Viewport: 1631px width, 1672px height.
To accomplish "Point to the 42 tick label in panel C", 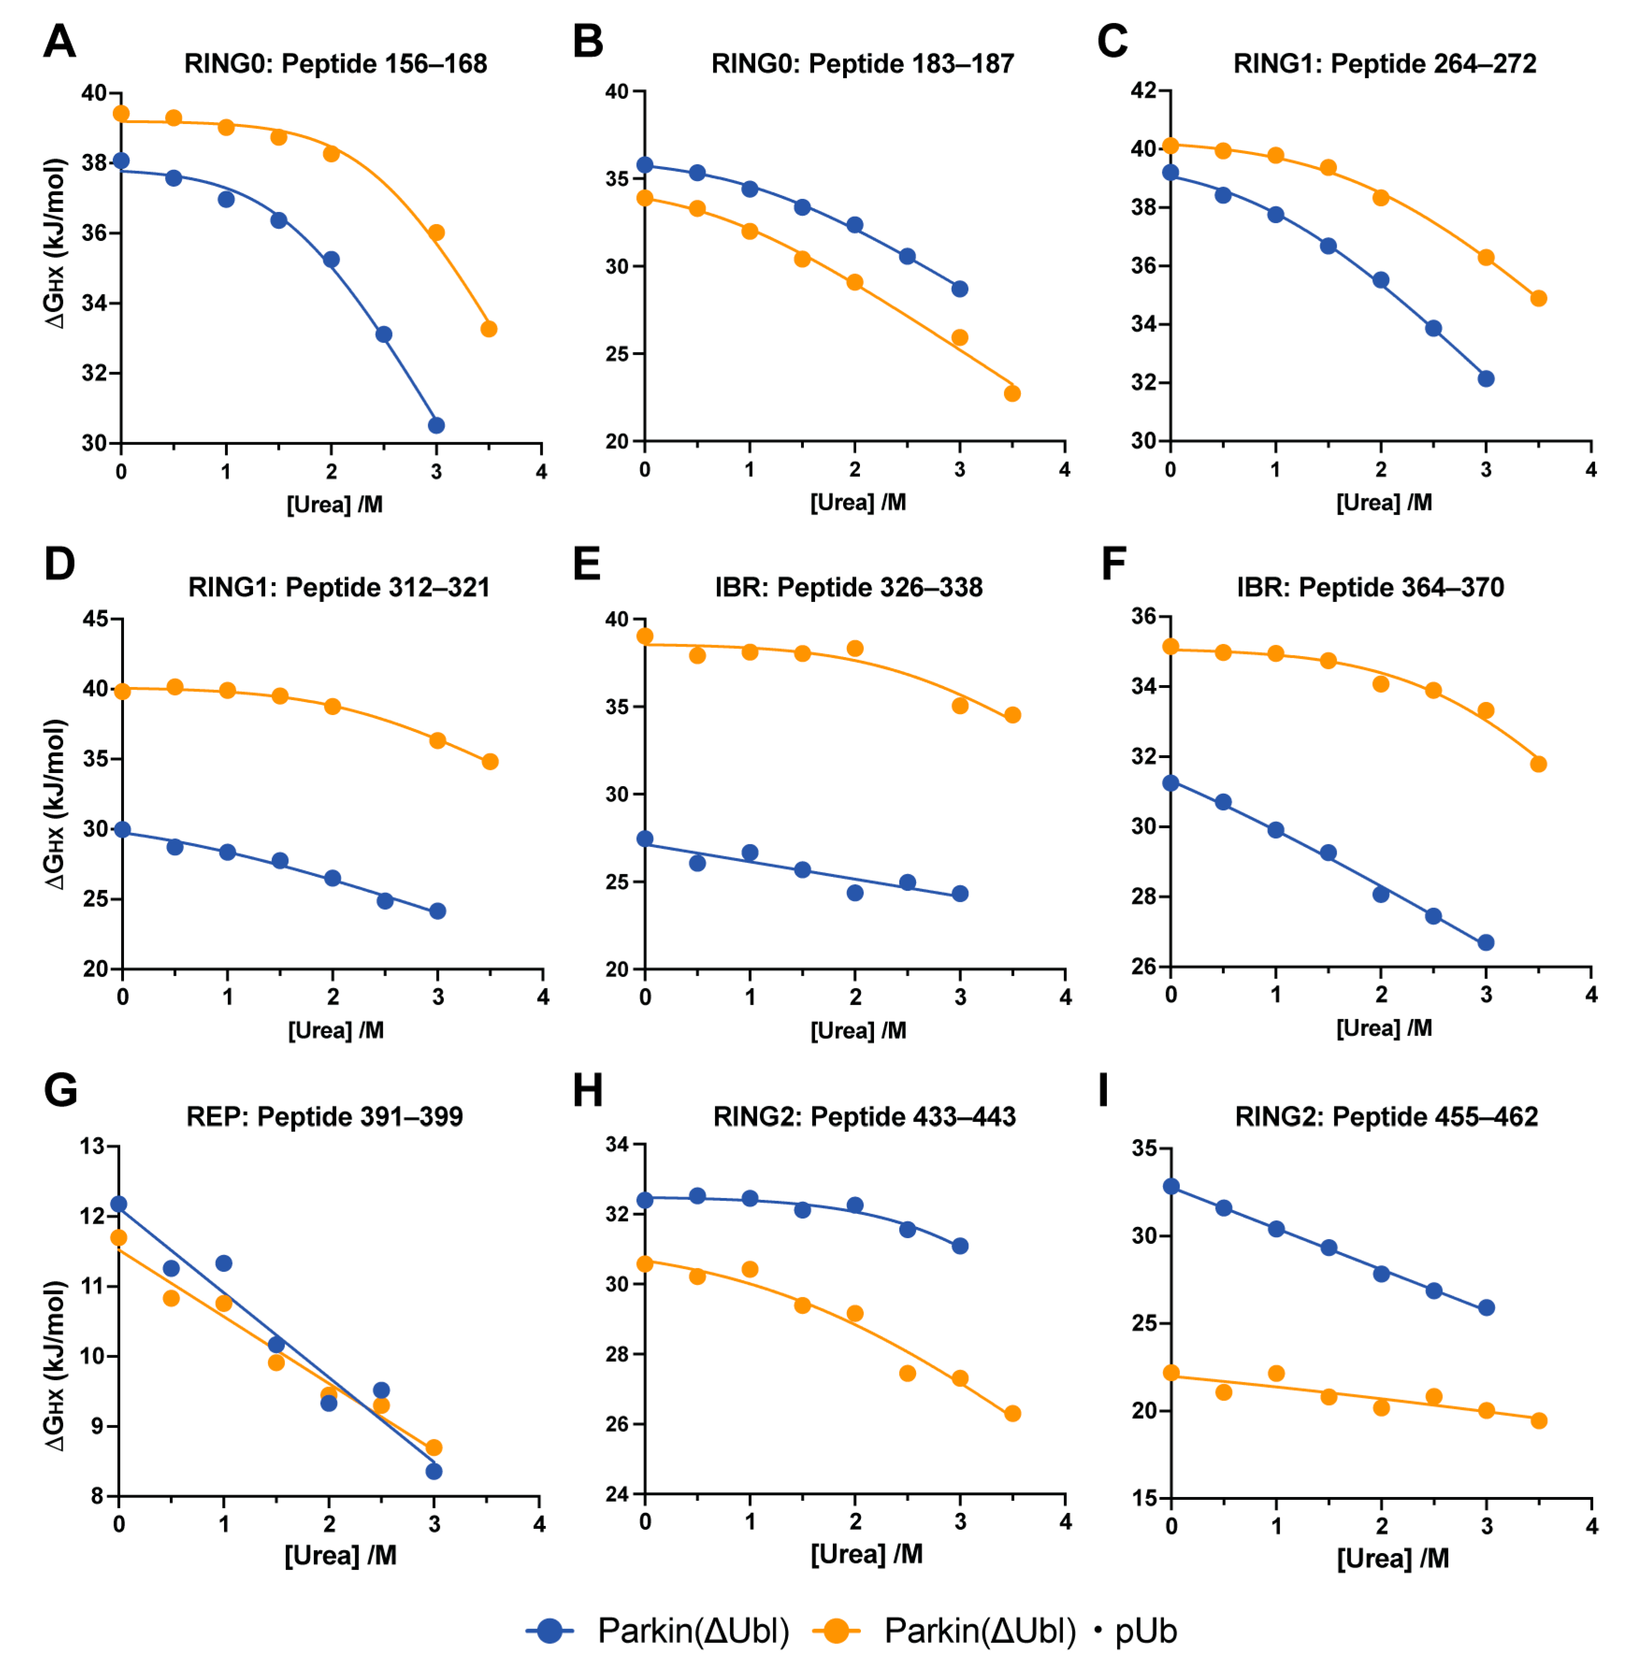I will click(x=1142, y=91).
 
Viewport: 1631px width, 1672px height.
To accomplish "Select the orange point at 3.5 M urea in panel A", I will click(x=489, y=329).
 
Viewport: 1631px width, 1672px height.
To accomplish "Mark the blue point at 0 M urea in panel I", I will click(x=1171, y=1186).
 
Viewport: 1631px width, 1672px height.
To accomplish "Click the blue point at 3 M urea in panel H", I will click(x=960, y=1245).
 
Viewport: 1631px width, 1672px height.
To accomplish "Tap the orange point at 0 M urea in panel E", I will click(x=645, y=636).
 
